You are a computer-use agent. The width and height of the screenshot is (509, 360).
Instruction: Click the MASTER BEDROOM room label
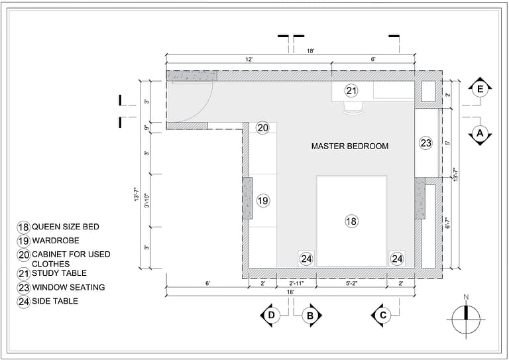(x=350, y=146)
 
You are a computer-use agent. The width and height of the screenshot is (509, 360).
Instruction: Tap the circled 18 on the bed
(x=351, y=221)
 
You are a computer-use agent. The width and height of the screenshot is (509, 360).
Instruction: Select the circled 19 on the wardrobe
(x=262, y=200)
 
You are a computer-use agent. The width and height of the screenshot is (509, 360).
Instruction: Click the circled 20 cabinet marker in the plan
(x=262, y=128)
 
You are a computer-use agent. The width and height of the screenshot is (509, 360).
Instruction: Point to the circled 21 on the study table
(x=351, y=91)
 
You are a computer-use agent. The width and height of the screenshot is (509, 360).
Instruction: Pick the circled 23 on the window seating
(x=425, y=143)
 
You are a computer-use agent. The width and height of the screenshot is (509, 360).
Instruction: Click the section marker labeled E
(x=480, y=88)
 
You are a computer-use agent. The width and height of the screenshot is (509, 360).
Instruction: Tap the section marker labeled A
(x=480, y=135)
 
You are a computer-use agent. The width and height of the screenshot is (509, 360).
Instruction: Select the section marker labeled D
(x=270, y=316)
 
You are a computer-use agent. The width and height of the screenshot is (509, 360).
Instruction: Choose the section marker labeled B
(x=311, y=316)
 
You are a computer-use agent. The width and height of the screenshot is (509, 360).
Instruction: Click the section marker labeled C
(x=382, y=316)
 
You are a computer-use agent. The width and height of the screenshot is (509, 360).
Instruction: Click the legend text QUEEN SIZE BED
(x=66, y=227)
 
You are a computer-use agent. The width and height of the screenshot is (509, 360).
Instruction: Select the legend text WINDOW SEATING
(x=69, y=288)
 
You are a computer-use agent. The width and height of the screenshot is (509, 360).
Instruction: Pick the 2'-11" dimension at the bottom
(x=296, y=283)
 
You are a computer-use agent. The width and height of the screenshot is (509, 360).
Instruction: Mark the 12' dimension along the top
(x=249, y=60)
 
